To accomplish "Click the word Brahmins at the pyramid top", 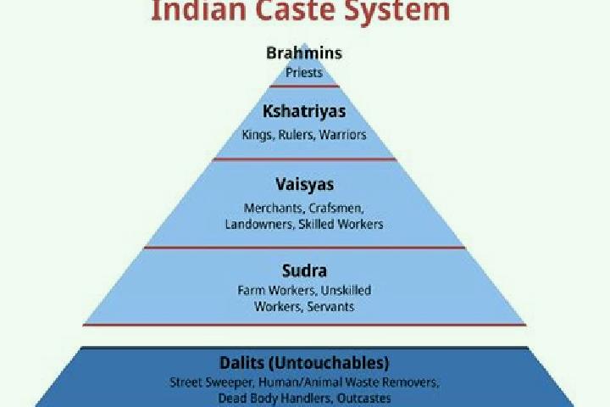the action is tap(304, 53).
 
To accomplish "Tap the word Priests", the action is tap(304, 72).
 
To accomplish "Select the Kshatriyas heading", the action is tap(304, 111).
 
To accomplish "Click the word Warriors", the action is tap(343, 135).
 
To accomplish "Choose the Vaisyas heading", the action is tap(305, 185).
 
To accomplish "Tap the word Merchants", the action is tap(273, 209).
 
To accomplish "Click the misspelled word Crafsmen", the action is tap(336, 209).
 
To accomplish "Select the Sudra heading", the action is tap(304, 270).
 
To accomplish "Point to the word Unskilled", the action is tap(346, 291).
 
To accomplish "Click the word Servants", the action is tap(330, 307).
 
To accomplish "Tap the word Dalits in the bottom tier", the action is tap(241, 363).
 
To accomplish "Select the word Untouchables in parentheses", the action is tap(329, 363).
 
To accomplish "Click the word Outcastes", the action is tap(364, 399).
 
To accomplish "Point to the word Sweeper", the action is tap(230, 382).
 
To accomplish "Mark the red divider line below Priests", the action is tap(305, 86).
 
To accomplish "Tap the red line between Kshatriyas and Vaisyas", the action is tap(305, 159).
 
